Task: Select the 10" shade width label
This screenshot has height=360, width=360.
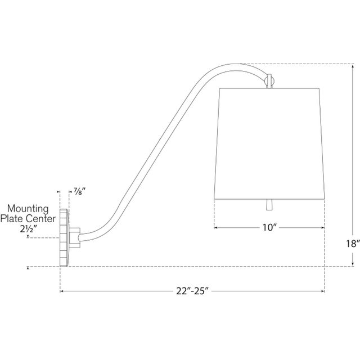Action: tap(270, 228)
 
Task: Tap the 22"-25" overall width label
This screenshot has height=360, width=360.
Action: tap(192, 292)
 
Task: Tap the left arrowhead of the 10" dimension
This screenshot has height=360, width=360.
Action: tap(216, 228)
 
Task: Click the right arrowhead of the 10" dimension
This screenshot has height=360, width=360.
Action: tap(323, 228)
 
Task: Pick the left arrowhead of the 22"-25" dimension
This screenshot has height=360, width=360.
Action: tap(62, 291)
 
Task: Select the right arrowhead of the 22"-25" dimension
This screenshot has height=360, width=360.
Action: tap(323, 291)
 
